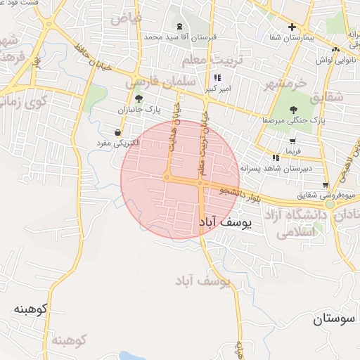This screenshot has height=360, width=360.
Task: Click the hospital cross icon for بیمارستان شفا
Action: pos(292,27)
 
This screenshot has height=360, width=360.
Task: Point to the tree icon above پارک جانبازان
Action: pos(138,98)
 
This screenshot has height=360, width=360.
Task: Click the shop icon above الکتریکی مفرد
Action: pos(116,131)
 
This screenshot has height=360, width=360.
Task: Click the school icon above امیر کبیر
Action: pos(217,77)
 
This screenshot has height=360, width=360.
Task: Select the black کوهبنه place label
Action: pos(30,309)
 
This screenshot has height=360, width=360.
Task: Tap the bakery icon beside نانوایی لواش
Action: pos(336,49)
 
